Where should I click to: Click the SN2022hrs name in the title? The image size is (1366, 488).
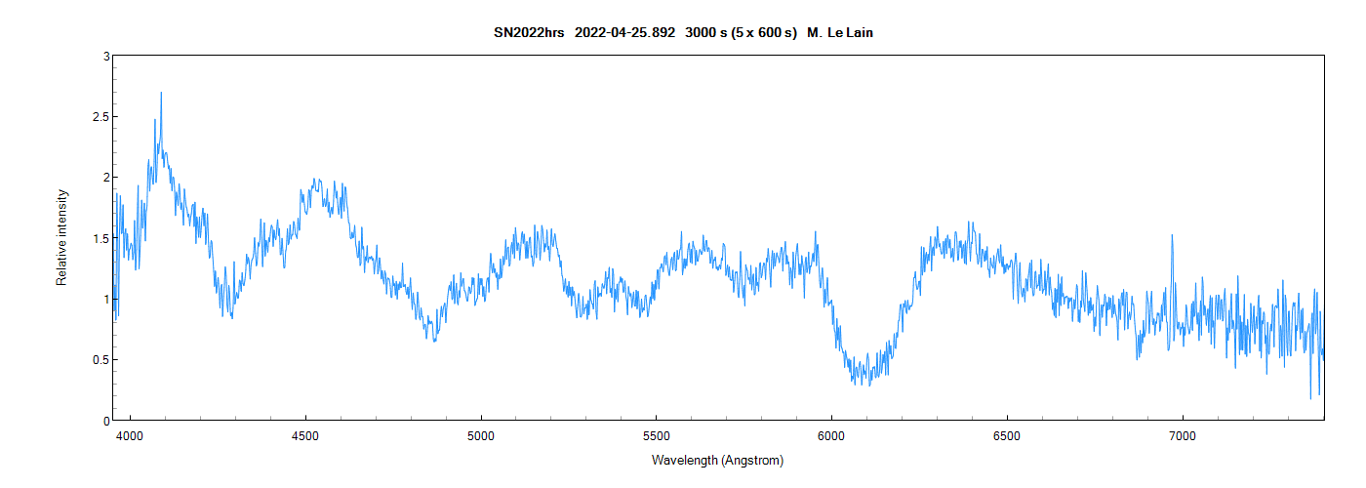pyautogui.click(x=528, y=33)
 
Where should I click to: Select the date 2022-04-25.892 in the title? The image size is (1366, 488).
pyautogui.click(x=624, y=33)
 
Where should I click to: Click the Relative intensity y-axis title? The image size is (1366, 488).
pyautogui.click(x=62, y=237)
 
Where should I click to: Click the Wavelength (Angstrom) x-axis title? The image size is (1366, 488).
pyautogui.click(x=717, y=460)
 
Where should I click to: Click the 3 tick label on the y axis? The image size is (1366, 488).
pyautogui.click(x=105, y=57)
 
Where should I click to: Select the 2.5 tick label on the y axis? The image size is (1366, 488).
pyautogui.click(x=100, y=117)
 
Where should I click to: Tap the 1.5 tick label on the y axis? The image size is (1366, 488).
pyautogui.click(x=100, y=238)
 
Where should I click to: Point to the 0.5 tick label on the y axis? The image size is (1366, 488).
pyautogui.click(x=100, y=359)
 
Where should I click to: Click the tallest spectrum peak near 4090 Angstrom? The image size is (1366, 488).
pyautogui.click(x=161, y=94)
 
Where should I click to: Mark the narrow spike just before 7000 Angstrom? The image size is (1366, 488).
pyautogui.click(x=1172, y=236)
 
